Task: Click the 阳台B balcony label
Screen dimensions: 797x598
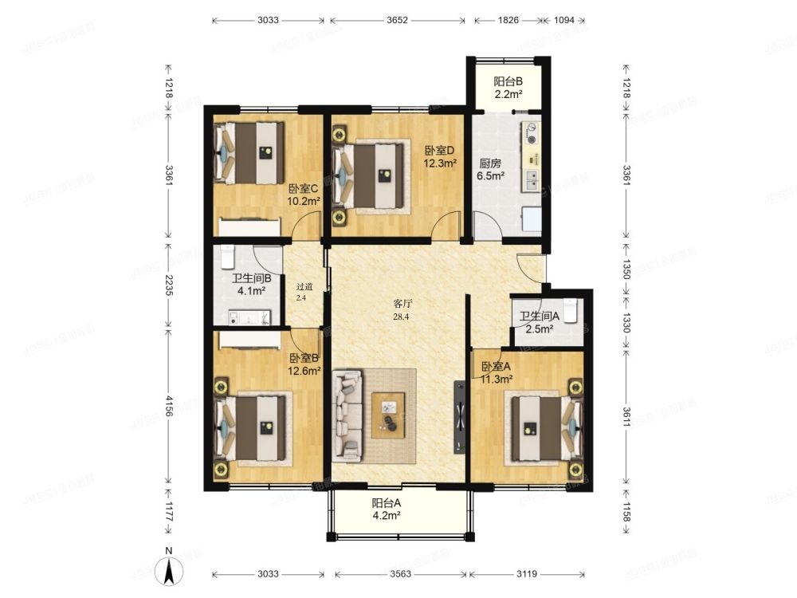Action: pyautogui.click(x=508, y=81)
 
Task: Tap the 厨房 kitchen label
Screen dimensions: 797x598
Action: pyautogui.click(x=490, y=163)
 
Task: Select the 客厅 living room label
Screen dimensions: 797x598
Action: pyautogui.click(x=403, y=304)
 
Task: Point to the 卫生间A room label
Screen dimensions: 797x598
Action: pyautogui.click(x=539, y=317)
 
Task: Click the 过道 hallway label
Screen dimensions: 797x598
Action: pyautogui.click(x=304, y=287)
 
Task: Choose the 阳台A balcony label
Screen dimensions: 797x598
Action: pyautogui.click(x=387, y=503)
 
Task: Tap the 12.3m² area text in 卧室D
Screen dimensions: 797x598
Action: pyautogui.click(x=440, y=163)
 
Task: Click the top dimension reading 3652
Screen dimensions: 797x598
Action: pyautogui.click(x=397, y=21)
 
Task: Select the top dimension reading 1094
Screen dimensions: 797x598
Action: pyautogui.click(x=563, y=21)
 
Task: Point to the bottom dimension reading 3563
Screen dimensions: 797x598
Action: pyautogui.click(x=401, y=574)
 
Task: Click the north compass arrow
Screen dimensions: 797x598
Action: pyautogui.click(x=169, y=571)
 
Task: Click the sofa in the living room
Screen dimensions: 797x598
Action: pyautogui.click(x=347, y=416)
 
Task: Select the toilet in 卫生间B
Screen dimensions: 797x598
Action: pyautogui.click(x=227, y=256)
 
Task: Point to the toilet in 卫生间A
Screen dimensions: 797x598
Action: pyautogui.click(x=571, y=310)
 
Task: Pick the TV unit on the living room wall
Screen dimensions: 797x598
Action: pyautogui.click(x=459, y=416)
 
